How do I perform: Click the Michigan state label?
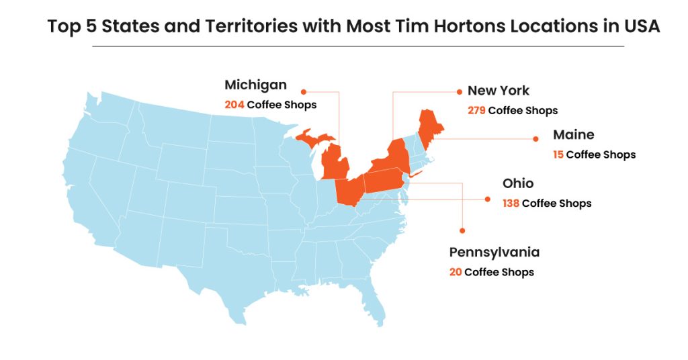tap(255, 85)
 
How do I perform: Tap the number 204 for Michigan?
tap(234, 105)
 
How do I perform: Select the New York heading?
tap(498, 91)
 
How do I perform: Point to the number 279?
tap(476, 110)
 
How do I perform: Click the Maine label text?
tap(573, 135)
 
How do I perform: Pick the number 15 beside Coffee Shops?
tap(558, 154)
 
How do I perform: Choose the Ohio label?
tap(517, 183)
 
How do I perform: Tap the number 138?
tap(511, 203)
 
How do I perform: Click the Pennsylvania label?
tap(494, 253)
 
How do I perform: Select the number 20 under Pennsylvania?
tap(456, 272)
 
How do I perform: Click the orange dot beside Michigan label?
tap(303, 91)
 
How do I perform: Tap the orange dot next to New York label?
tap(459, 91)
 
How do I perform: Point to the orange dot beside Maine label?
tap(536, 139)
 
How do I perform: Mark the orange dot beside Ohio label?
tap(488, 199)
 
